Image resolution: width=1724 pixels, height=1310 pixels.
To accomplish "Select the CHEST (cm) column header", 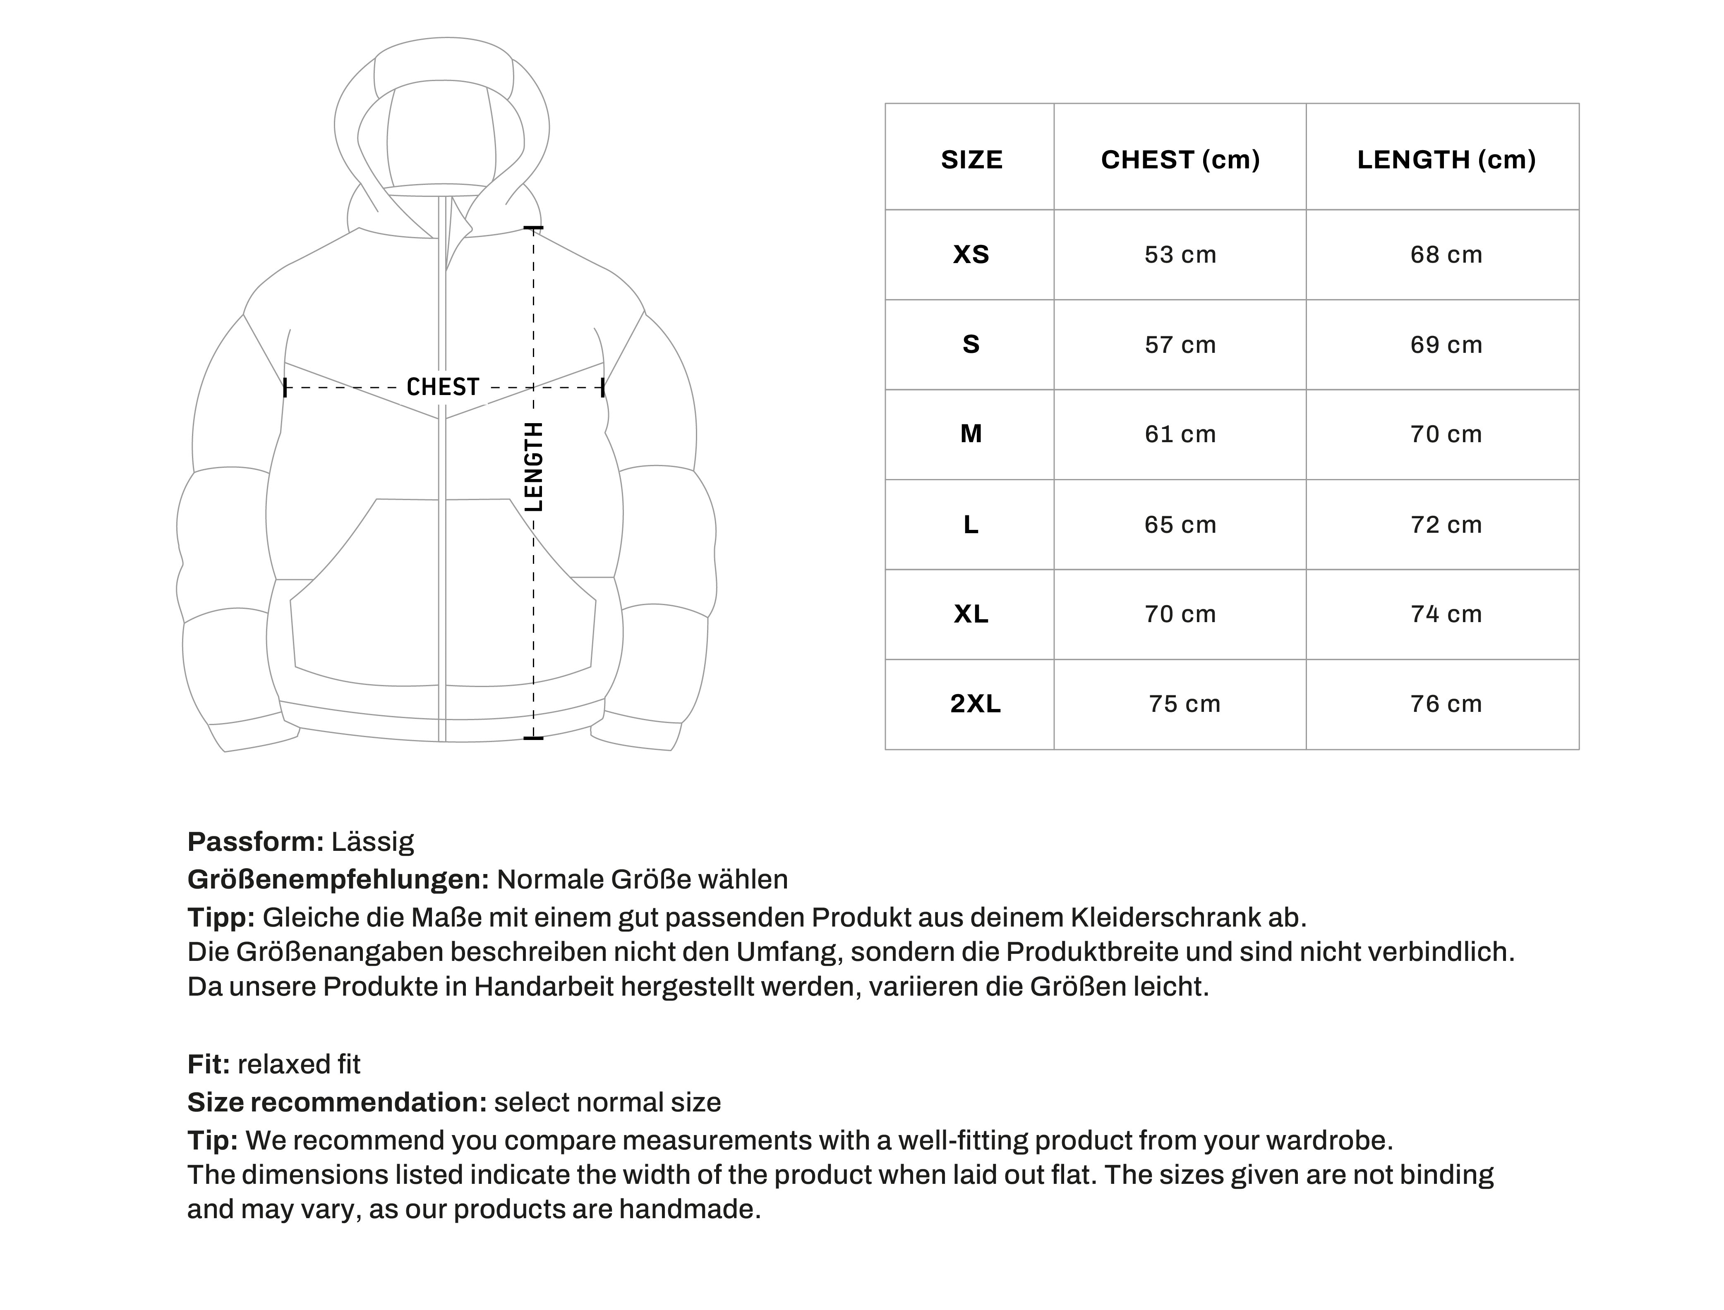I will point(1180,160).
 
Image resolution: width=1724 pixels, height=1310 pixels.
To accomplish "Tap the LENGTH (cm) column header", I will point(1446,160).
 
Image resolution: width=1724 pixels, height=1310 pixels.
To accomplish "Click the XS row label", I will point(971,255).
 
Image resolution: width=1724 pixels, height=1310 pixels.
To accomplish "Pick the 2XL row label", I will point(975,704).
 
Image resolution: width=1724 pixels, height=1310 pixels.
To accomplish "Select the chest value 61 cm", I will point(1180,434).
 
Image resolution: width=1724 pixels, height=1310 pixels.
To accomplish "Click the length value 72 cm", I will point(1446,525).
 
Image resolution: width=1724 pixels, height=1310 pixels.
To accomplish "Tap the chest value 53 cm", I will point(1180,255).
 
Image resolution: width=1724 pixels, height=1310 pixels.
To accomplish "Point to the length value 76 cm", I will point(1446,704).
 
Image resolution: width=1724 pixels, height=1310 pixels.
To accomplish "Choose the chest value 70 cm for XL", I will point(1180,614).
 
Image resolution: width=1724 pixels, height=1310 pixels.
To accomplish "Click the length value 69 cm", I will point(1446,345).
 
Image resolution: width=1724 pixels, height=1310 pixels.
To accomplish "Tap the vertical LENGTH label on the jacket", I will point(533,466).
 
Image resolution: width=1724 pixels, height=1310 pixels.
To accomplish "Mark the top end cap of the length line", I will point(533,228).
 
